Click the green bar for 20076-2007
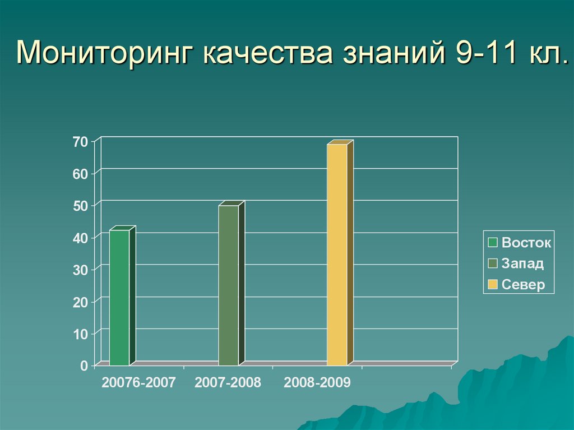coord(119,297)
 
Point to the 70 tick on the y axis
coord(80,142)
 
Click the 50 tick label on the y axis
coord(80,206)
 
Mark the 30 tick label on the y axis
coord(80,270)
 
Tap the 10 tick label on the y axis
coord(80,334)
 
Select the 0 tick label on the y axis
coord(84,366)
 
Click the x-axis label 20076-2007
coord(138,383)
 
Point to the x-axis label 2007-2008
coord(228,383)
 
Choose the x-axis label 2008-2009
coord(317,383)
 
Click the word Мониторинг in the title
coord(105,55)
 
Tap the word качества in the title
coord(269,55)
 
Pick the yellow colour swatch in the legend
coord(493,285)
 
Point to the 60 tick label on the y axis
coord(80,174)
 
